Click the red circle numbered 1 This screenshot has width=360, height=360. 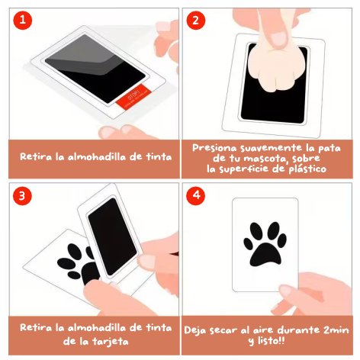[x=23, y=20]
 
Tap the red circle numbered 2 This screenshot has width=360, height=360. [x=196, y=20]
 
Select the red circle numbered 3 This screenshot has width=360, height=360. [x=22, y=196]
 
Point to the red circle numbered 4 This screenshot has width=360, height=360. [x=196, y=195]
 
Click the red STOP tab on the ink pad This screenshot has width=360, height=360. [x=133, y=97]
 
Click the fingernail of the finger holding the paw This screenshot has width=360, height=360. [x=278, y=39]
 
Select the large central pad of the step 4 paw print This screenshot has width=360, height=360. [x=265, y=255]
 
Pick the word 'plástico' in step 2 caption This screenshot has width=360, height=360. [x=307, y=169]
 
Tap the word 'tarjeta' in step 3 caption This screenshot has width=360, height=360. [x=110, y=342]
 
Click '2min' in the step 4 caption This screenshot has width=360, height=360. [x=336, y=330]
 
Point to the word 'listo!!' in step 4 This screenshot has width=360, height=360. [x=271, y=340]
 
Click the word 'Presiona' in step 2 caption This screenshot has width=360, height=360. [x=214, y=148]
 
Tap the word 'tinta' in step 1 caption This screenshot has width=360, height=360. [x=159, y=157]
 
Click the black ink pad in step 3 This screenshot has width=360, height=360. [x=113, y=236]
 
